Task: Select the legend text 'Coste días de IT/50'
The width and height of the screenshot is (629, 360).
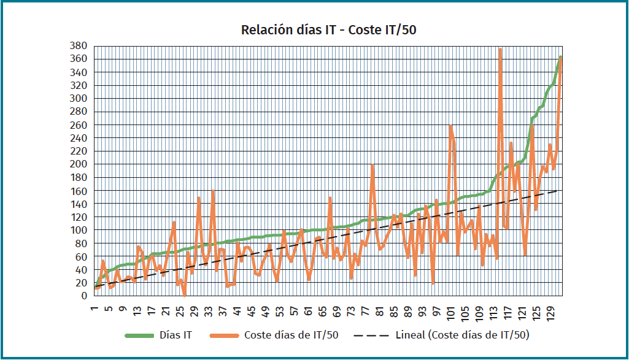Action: point(291,335)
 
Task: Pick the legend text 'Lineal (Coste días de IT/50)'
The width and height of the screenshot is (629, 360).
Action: point(463,335)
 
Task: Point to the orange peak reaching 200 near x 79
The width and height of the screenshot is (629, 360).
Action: point(372,165)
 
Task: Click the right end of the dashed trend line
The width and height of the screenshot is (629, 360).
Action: point(557,191)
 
